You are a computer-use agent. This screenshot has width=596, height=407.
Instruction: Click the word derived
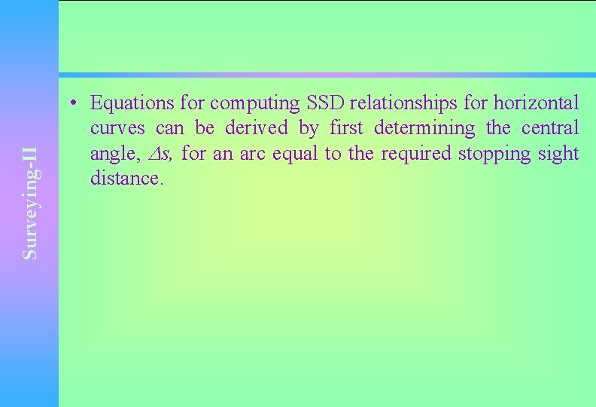pyautogui.click(x=256, y=128)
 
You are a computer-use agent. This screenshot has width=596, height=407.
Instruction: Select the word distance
pyautogui.click(x=125, y=179)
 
